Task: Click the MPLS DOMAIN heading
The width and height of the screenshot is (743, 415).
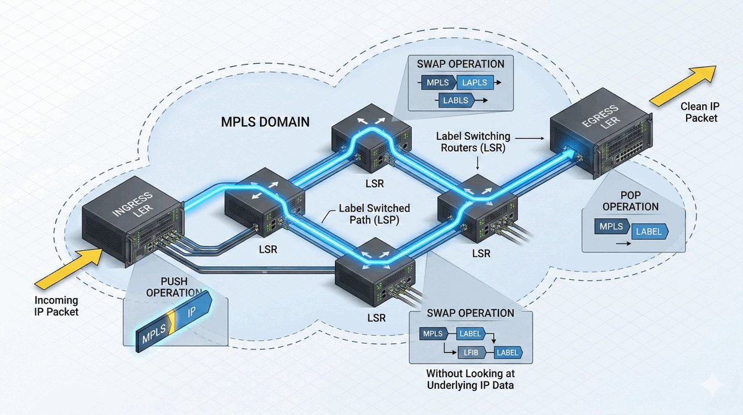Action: pos(265,122)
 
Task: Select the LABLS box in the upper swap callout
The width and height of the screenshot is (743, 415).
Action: pos(456,99)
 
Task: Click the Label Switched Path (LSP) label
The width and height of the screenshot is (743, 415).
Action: pos(371,214)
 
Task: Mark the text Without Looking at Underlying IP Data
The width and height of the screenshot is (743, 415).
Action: pos(471,380)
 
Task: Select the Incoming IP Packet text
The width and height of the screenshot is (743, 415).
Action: pos(56,305)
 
